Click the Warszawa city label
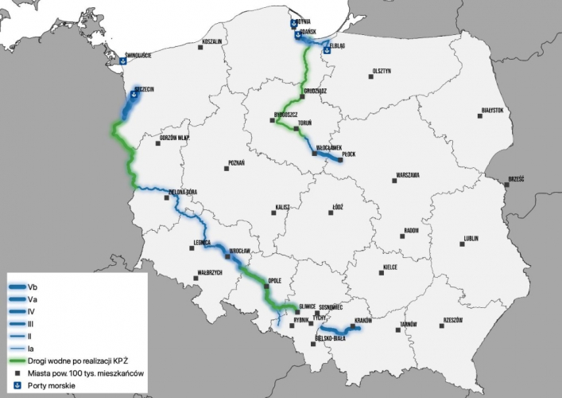pos(407,175)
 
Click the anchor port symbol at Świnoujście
pos(123,61)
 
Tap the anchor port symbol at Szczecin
pos(134,96)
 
